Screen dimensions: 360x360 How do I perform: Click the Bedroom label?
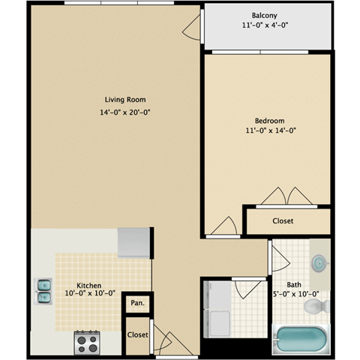point(269,121)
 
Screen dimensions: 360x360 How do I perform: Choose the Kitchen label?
point(88,286)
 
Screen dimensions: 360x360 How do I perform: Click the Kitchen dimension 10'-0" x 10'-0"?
point(88,295)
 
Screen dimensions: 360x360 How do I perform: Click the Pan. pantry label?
point(137,303)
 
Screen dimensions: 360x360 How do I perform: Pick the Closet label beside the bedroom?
point(283,221)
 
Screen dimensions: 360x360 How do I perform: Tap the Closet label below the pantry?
point(137,334)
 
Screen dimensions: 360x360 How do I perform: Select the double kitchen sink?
point(43,289)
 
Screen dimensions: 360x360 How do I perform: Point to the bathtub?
point(301,340)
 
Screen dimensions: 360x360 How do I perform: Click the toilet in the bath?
point(321,305)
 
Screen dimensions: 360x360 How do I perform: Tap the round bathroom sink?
point(319,263)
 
